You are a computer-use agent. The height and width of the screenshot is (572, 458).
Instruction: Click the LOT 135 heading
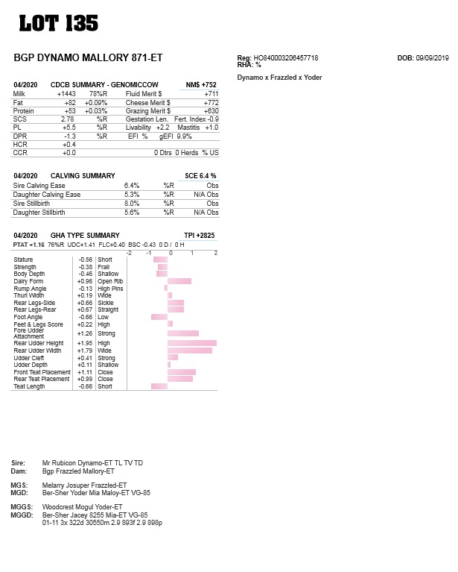click(58, 23)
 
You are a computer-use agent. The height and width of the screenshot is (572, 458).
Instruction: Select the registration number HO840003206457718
click(286, 57)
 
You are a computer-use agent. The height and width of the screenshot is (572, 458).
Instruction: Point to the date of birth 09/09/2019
click(432, 57)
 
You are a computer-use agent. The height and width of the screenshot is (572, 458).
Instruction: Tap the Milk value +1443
click(66, 94)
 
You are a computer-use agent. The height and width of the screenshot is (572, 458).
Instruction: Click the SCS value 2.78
click(67, 119)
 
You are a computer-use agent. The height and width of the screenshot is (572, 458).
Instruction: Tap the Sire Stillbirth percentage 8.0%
click(132, 203)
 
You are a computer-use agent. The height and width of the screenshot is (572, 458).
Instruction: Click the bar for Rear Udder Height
click(192, 343)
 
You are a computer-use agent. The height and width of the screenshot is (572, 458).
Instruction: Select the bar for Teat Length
click(159, 386)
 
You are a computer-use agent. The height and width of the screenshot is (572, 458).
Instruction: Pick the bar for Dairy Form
click(179, 281)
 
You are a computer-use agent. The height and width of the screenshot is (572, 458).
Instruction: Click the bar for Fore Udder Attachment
click(183, 333)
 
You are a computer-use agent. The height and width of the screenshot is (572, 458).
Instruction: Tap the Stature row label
click(23, 260)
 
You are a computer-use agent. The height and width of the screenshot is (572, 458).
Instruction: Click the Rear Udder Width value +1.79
click(85, 351)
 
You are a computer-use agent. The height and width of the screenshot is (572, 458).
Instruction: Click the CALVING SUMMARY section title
click(83, 175)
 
